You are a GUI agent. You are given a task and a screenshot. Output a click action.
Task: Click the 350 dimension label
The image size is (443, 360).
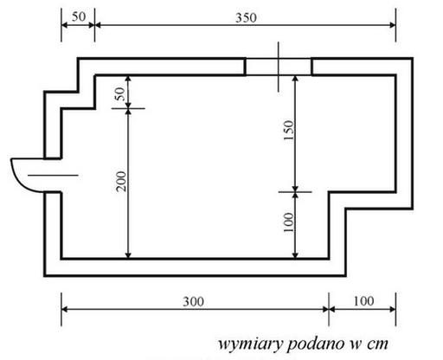pyautogui.click(x=246, y=18)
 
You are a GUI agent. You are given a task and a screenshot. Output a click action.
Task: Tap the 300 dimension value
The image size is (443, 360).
pyautogui.click(x=194, y=302)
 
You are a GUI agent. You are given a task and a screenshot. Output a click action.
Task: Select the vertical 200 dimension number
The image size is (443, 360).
pyautogui.click(x=121, y=181)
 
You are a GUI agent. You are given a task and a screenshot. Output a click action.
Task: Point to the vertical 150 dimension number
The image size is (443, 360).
pyautogui.click(x=288, y=131)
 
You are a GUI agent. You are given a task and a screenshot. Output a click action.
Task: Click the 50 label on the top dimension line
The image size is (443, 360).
pyautogui.click(x=79, y=16)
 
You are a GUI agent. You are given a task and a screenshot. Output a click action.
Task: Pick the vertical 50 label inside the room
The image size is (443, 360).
pyautogui.click(x=119, y=93)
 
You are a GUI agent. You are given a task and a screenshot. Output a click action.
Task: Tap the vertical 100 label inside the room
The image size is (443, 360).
pyautogui.click(x=288, y=222)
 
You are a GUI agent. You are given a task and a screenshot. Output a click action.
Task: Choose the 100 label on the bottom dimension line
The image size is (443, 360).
pyautogui.click(x=363, y=301)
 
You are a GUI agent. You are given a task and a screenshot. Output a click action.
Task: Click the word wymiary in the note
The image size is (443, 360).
pyautogui.click(x=250, y=344)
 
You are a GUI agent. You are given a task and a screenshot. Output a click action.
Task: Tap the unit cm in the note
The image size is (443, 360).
pyautogui.click(x=377, y=344)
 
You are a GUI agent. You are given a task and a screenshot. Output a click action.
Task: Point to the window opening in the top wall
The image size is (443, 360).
pyautogui.click(x=279, y=67)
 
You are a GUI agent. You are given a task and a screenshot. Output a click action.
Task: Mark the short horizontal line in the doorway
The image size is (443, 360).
pyautogui.click(x=53, y=175)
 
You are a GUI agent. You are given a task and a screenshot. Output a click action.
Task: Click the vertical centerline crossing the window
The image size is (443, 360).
pyautogui.click(x=279, y=67)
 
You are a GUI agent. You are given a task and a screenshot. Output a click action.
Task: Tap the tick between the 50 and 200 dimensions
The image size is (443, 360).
pyautogui.click(x=128, y=108)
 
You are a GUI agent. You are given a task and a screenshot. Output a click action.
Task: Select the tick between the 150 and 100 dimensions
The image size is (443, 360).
pyautogui.click(x=295, y=191)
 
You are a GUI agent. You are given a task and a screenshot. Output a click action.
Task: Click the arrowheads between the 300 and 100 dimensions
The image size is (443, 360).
pyautogui.click(x=329, y=309)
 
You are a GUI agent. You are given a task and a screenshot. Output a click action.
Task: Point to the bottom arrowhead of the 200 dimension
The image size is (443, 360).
pyautogui.click(x=128, y=255)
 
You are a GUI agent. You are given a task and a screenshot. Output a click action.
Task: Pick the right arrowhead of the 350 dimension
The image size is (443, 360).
pyautogui.click(x=393, y=25)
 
